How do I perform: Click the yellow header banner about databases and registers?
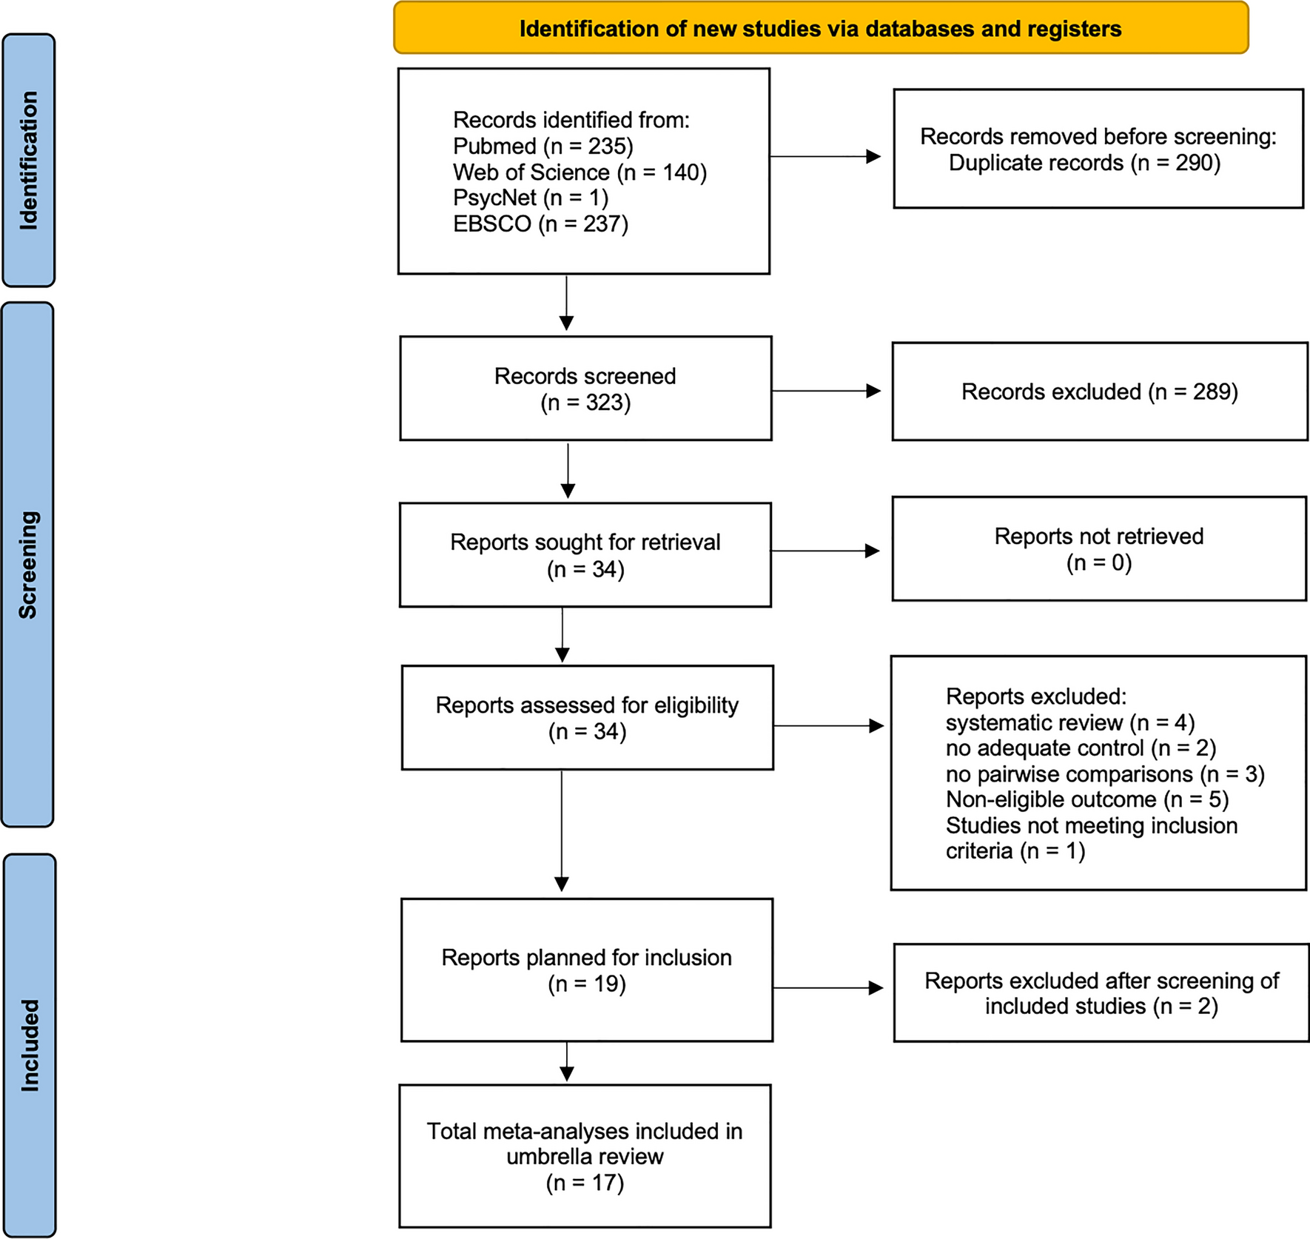pyautogui.click(x=820, y=29)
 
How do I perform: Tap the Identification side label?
pyautogui.click(x=29, y=160)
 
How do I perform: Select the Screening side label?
pyautogui.click(x=28, y=564)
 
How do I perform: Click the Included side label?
pyautogui.click(x=30, y=1045)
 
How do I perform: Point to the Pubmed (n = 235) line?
pyautogui.click(x=543, y=146)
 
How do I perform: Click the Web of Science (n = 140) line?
pyautogui.click(x=580, y=172)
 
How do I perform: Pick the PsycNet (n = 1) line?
pyautogui.click(x=530, y=198)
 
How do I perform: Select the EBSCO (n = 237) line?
pyautogui.click(x=540, y=224)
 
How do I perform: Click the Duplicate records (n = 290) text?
pyautogui.click(x=1084, y=163)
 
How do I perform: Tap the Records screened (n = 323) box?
pyautogui.click(x=585, y=389)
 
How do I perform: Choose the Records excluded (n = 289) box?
pyautogui.click(x=1099, y=392)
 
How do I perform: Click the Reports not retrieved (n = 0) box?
pyautogui.click(x=1098, y=548)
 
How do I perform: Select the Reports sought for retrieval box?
pyautogui.click(x=585, y=555)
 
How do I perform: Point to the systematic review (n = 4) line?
pyautogui.click(x=1069, y=722)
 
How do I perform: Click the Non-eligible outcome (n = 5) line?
pyautogui.click(x=1086, y=799)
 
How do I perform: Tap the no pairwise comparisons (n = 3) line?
pyautogui.click(x=1104, y=774)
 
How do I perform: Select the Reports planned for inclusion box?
pyautogui.click(x=586, y=970)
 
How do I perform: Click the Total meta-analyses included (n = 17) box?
pyautogui.click(x=585, y=1156)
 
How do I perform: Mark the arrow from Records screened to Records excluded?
pyautogui.click(x=826, y=391)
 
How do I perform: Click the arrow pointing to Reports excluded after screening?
pyautogui.click(x=828, y=987)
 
